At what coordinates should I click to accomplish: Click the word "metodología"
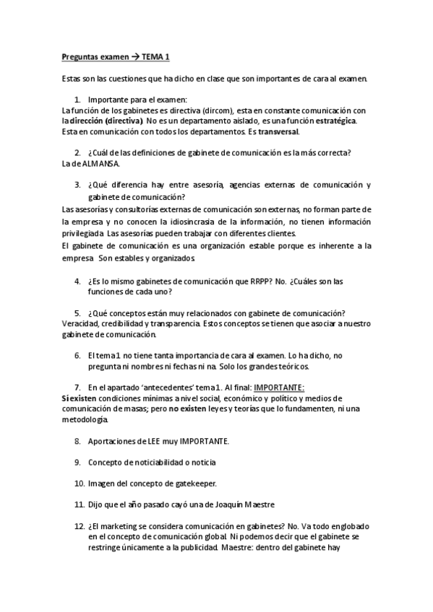coord(84,419)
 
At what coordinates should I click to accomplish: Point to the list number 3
coord(77,185)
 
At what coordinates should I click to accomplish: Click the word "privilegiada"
coord(83,235)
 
